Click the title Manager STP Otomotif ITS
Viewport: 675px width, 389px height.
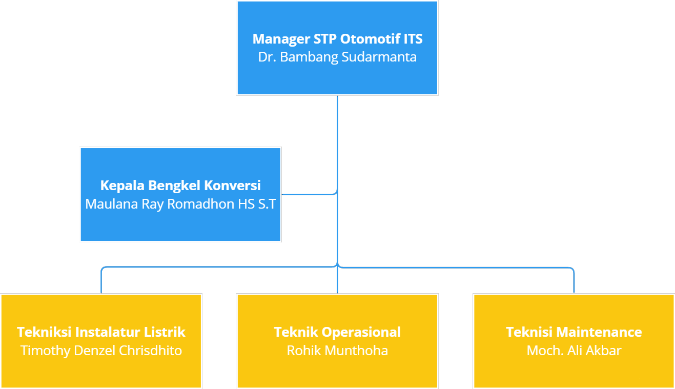tap(337, 39)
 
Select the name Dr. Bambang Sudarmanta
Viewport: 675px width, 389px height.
tap(337, 57)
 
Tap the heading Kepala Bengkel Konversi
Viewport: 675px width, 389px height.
tap(180, 185)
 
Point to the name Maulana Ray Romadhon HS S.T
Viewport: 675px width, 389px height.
tap(180, 204)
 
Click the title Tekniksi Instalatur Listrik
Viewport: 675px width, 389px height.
tap(101, 332)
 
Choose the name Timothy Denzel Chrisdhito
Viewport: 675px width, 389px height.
tap(101, 351)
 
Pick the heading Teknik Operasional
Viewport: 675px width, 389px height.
tap(337, 332)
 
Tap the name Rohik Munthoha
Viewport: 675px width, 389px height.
tap(337, 351)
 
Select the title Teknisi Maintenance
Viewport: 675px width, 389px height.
tap(574, 332)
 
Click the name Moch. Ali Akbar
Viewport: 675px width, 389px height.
tap(574, 351)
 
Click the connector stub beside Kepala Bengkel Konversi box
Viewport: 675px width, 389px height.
tap(308, 195)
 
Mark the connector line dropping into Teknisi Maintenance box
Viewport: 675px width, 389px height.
tap(574, 282)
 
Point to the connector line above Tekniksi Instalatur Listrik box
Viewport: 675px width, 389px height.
tap(101, 282)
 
